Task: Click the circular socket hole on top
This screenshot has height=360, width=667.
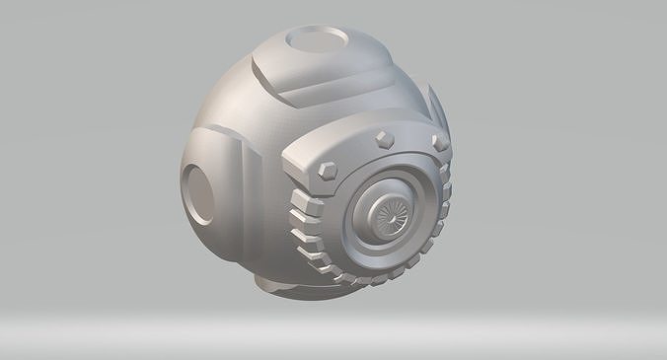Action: (x=317, y=43)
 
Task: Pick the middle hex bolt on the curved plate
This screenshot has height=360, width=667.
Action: (x=380, y=138)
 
